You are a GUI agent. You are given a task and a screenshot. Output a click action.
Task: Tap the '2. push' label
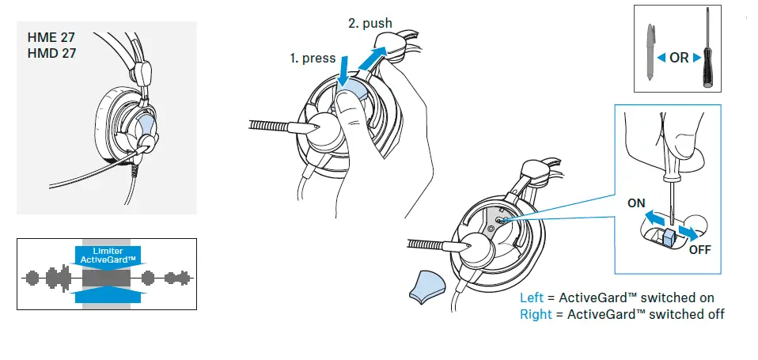pyautogui.click(x=370, y=23)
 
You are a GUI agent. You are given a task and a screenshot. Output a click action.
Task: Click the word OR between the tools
pyautogui.click(x=679, y=58)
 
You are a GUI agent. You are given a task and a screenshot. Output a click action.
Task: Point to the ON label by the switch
pyautogui.click(x=637, y=203)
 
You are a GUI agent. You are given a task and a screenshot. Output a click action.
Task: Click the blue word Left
pyautogui.click(x=531, y=298)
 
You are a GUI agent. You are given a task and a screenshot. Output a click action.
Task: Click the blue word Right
pyautogui.click(x=535, y=314)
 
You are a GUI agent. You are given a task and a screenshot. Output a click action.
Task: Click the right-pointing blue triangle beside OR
pyautogui.click(x=696, y=58)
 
